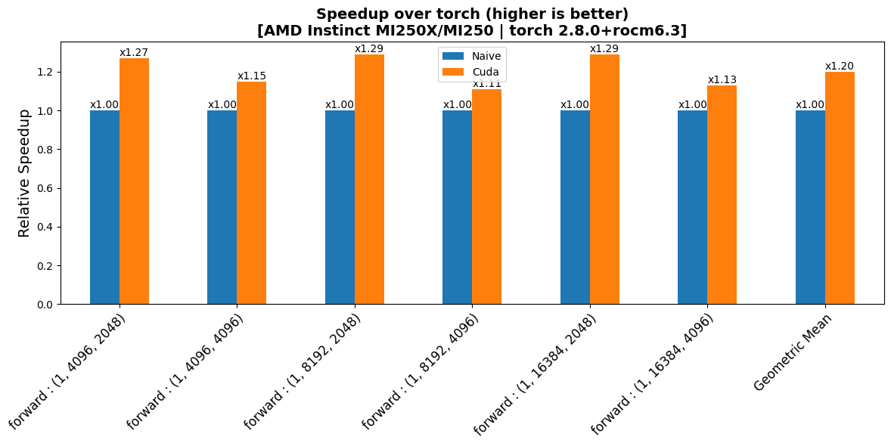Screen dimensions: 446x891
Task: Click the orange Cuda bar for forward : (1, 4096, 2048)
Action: pos(134,181)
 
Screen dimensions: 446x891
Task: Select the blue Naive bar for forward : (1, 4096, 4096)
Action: pos(222,207)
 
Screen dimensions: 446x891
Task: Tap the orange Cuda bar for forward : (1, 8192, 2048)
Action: pos(369,179)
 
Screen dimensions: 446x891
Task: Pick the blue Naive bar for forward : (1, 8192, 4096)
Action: pos(457,207)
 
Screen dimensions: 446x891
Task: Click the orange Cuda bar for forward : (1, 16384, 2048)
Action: pos(604,179)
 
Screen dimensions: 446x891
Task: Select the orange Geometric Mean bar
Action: pos(840,188)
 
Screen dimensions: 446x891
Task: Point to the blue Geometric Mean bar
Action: pos(810,207)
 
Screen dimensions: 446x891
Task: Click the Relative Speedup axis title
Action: pos(24,173)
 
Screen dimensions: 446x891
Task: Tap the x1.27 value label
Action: pos(134,53)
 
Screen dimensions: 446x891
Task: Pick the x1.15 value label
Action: pos(252,76)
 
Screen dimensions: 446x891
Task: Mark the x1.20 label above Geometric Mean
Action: pos(840,67)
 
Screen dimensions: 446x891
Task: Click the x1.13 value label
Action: pos(722,79)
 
